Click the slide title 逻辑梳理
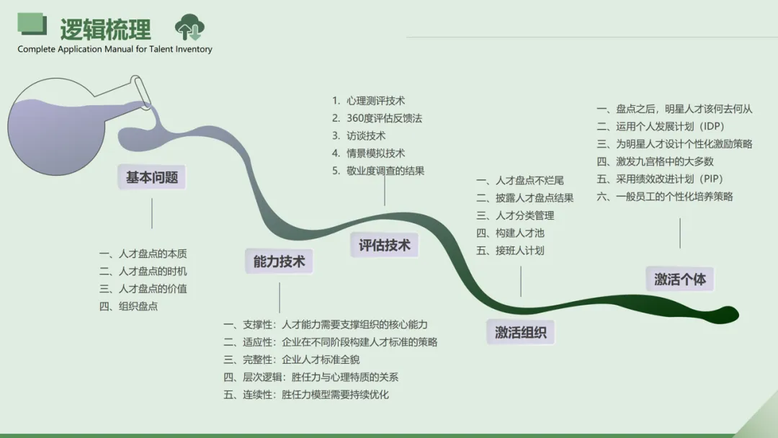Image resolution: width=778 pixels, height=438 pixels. (106, 29)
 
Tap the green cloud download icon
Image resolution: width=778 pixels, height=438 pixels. (189, 28)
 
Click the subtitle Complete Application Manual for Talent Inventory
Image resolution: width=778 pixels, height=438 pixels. (115, 50)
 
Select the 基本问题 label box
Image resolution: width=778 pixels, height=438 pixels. (152, 177)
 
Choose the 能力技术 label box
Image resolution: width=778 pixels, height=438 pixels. (280, 262)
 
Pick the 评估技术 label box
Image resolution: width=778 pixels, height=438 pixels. (385, 245)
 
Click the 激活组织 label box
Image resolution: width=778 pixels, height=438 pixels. (521, 332)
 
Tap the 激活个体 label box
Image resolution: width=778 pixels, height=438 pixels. (680, 279)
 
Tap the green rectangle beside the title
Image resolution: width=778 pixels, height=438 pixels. (32, 24)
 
